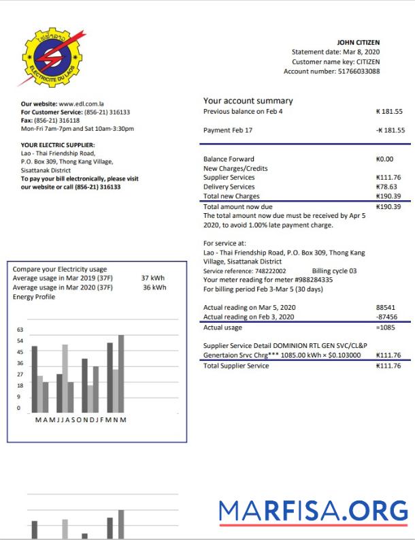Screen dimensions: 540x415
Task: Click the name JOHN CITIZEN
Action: click(x=358, y=42)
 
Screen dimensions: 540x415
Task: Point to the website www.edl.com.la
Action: click(x=76, y=104)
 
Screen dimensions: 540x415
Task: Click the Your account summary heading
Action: click(x=248, y=101)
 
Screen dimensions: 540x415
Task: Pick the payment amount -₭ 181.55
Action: click(x=390, y=129)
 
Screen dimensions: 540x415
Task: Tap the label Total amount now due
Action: click(x=237, y=206)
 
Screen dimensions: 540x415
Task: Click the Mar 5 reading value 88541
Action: click(x=385, y=307)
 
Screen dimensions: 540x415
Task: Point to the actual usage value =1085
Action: click(x=385, y=328)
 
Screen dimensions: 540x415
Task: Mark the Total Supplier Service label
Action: click(x=236, y=366)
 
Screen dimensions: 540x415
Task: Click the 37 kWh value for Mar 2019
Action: click(x=153, y=278)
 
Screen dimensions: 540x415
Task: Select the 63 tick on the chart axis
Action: click(x=19, y=330)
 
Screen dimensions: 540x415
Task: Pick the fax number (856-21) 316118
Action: click(x=58, y=120)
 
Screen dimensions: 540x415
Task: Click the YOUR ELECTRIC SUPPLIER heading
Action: click(x=58, y=144)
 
